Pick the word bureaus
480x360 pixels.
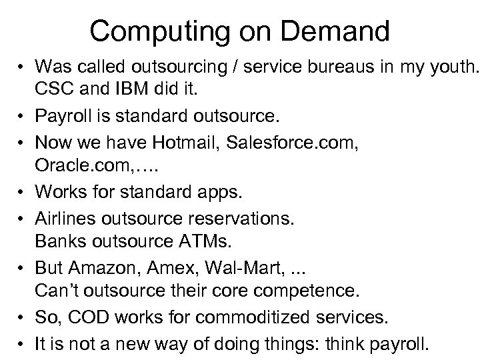pyautogui.click(x=323, y=66)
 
